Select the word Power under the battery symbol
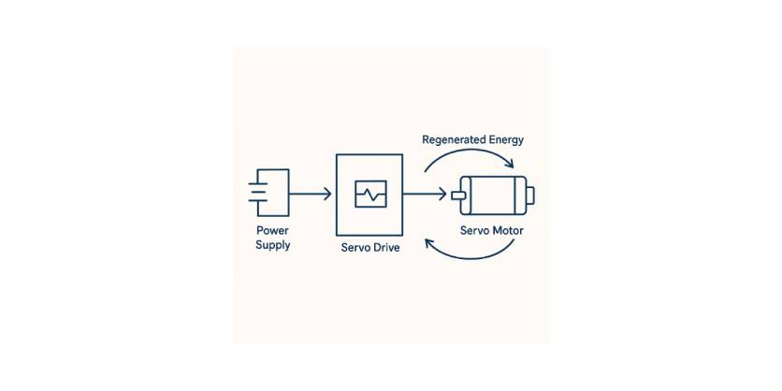272,230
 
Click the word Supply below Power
272,245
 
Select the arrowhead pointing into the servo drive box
326,195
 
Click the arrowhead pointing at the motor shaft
442,195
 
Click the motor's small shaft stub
458,195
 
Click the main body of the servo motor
496,195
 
